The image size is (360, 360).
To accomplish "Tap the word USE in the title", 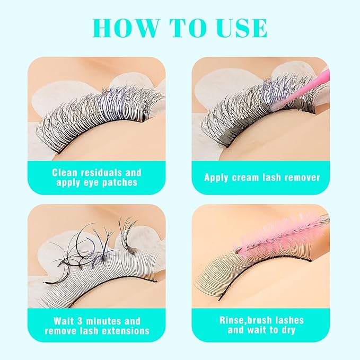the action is coord(243,28).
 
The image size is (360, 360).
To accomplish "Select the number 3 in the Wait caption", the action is coord(80,321).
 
